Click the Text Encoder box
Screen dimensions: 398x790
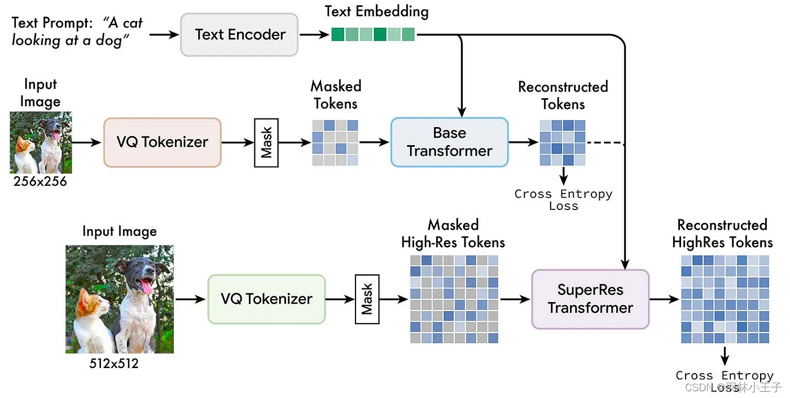coord(239,34)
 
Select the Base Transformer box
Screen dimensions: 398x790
coord(449,142)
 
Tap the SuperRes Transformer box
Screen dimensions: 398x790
coord(590,299)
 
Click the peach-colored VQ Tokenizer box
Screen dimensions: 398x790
coord(162,142)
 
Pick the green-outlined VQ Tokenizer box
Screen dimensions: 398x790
coord(266,299)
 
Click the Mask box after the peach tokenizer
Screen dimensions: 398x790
coord(266,142)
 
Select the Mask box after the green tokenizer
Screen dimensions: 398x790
coord(367,299)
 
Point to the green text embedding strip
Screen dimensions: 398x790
coord(372,34)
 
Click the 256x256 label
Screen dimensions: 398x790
coord(41,181)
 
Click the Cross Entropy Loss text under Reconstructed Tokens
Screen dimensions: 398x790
coord(563,200)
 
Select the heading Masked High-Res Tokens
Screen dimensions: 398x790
coord(453,234)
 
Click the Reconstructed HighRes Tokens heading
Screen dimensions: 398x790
coord(722,234)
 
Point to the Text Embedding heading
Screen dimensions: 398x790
coord(376,11)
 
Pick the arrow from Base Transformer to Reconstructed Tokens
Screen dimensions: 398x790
coord(523,142)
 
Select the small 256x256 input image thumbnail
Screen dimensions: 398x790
coord(41,142)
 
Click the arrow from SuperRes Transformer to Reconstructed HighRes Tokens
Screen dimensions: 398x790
coord(664,299)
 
